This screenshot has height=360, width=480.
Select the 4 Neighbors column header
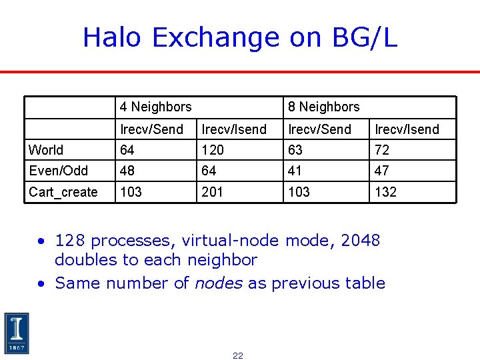pos(155,107)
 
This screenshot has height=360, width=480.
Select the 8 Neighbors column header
pos(323,107)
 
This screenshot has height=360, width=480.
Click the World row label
pos(46,150)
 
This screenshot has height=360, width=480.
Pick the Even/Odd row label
pos(58,171)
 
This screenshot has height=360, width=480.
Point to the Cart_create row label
pos(63,192)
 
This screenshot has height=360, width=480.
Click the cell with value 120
pos(213,150)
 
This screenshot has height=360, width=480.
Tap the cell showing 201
pos(213,192)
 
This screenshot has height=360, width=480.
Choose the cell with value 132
pos(385,192)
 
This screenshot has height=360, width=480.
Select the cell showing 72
pos(381,150)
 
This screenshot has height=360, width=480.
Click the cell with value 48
pos(127,171)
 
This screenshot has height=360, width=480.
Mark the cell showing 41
pos(295,171)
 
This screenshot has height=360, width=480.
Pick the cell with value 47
pos(381,171)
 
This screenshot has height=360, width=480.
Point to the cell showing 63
pos(295,150)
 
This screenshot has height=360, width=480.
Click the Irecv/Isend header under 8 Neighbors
pos(407,129)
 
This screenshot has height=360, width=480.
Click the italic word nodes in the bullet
pos(218,283)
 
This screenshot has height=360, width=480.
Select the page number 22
pos(238,355)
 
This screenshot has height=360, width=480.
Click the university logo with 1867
pos(16,333)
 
